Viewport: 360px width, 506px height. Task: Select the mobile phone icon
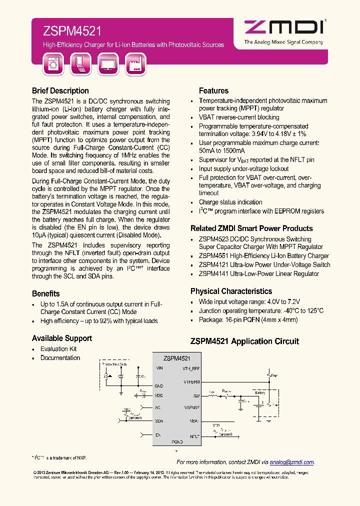coord(80,64)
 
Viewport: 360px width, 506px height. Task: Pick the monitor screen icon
coord(108,64)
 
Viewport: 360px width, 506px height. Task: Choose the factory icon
coord(135,64)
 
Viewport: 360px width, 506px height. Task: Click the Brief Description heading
coord(60,91)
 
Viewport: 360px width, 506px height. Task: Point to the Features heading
coord(213,91)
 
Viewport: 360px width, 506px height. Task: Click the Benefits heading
coord(46,293)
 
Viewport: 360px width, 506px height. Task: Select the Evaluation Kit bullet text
coord(58,349)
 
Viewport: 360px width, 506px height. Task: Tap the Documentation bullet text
coord(60,358)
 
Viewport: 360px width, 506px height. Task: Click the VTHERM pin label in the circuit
coord(191,381)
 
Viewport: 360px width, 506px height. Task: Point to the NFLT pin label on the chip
coord(194,436)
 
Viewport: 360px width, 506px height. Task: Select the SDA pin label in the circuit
coord(159,421)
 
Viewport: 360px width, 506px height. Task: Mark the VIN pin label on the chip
coord(159,368)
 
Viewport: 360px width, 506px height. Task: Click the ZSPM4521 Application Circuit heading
coord(244,341)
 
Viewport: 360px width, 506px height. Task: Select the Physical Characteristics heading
coord(231,291)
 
